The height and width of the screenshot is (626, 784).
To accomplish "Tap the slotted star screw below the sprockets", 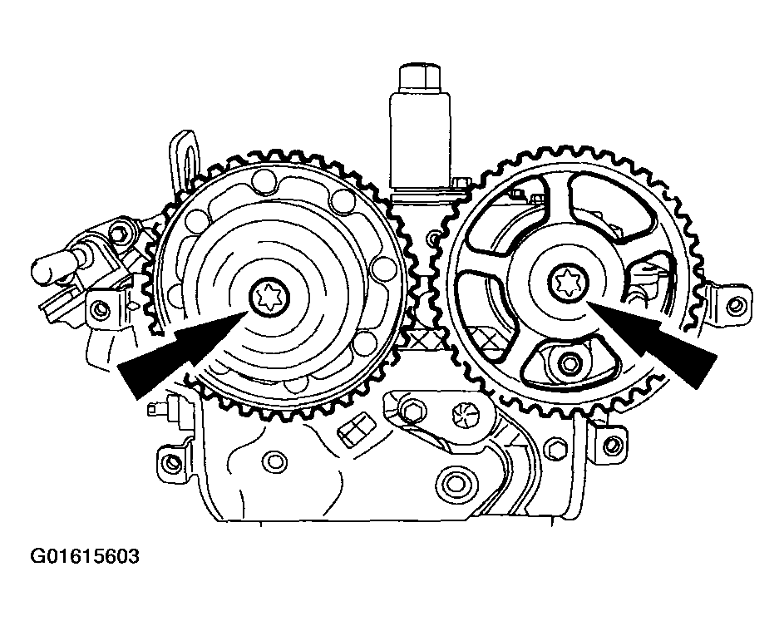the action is [x=462, y=413].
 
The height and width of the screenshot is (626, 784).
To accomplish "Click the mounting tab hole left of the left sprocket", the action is [x=101, y=309].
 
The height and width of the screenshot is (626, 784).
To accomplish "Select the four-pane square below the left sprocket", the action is [x=354, y=430].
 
